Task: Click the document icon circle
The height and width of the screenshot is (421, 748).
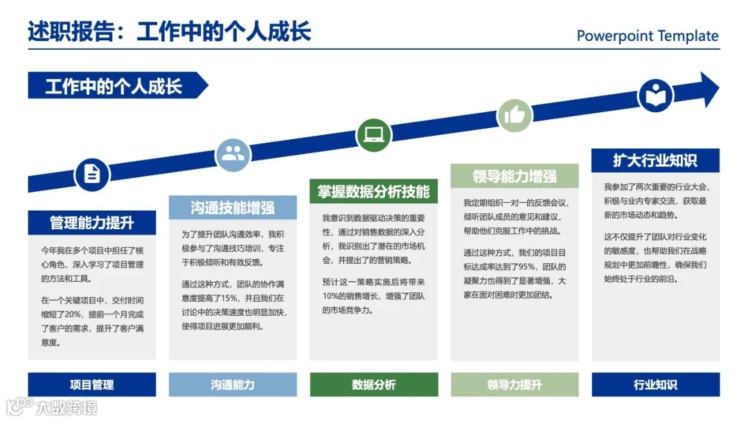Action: click(x=92, y=174)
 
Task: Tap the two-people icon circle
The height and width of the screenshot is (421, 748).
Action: click(x=233, y=154)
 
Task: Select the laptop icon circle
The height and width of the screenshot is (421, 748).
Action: click(x=374, y=134)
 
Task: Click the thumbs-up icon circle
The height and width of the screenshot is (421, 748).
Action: click(x=515, y=115)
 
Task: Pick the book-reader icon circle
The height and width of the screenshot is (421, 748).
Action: click(x=655, y=96)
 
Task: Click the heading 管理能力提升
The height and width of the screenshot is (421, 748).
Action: click(x=92, y=223)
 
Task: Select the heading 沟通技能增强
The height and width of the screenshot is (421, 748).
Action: click(x=233, y=208)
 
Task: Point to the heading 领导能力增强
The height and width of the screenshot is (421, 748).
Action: click(x=515, y=176)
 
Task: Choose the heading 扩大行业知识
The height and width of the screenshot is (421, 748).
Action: click(x=655, y=161)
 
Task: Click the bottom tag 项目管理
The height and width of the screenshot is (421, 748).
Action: click(x=92, y=385)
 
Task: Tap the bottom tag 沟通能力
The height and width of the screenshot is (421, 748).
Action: click(x=233, y=385)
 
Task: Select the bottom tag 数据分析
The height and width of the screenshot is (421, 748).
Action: click(x=374, y=385)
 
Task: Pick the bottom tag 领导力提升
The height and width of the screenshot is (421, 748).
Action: click(x=515, y=385)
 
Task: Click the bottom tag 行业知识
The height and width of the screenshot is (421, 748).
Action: click(x=655, y=385)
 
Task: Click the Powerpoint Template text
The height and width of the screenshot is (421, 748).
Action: click(x=648, y=36)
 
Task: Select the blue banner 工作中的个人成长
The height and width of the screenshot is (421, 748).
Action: click(x=114, y=86)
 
